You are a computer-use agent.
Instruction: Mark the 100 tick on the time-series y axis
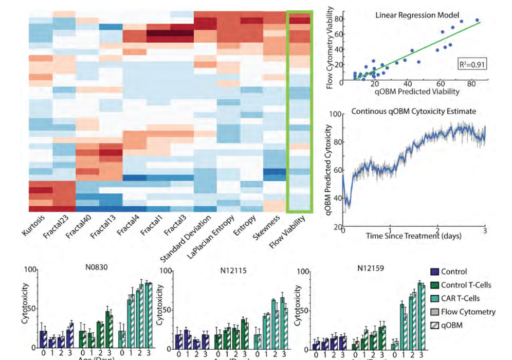339,114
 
